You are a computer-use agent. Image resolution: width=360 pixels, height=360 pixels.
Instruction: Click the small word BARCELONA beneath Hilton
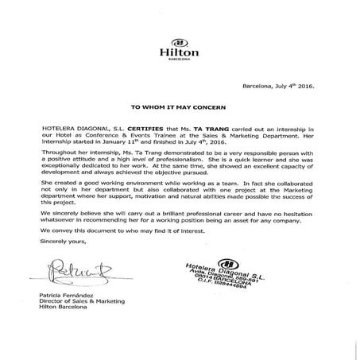(180, 60)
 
